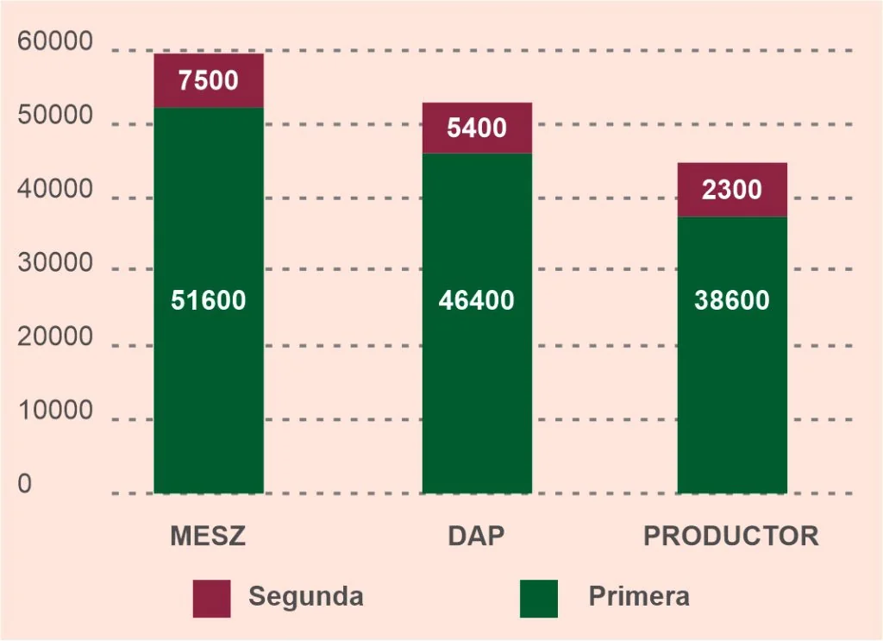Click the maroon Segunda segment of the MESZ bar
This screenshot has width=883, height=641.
(209, 80)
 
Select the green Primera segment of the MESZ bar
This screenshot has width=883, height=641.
(209, 300)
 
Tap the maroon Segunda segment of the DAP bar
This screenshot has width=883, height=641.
(477, 128)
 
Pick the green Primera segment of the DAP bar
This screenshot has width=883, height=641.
(477, 324)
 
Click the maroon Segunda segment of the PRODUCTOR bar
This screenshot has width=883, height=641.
(732, 190)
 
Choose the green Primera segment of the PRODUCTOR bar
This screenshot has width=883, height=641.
(732, 355)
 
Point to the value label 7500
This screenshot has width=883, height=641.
(209, 80)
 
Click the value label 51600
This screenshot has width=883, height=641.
(209, 299)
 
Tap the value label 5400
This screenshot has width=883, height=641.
(477, 128)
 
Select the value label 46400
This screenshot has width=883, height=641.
(476, 299)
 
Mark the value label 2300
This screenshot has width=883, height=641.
(731, 189)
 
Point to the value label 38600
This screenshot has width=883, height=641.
(731, 299)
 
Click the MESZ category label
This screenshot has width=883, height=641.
(209, 536)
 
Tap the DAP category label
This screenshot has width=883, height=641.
(476, 536)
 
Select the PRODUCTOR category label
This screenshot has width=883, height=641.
(731, 536)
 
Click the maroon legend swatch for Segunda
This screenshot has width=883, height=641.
(212, 599)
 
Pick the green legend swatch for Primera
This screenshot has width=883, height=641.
(539, 599)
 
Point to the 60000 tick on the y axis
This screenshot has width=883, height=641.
(54, 41)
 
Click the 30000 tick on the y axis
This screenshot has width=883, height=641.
(54, 262)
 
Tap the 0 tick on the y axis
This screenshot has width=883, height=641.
(25, 484)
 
